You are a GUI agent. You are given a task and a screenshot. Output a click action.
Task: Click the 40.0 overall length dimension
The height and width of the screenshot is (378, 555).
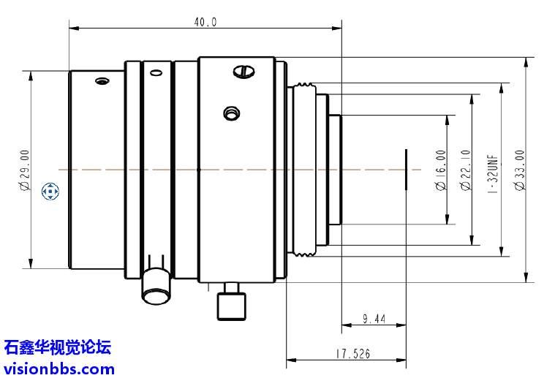point(205,22)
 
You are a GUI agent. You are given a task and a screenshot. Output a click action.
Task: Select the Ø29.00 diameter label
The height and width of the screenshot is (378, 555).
point(25,170)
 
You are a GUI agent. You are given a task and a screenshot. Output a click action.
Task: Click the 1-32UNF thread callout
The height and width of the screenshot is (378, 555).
point(493,170)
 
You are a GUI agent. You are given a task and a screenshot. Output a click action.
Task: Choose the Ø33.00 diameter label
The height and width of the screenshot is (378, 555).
point(519,170)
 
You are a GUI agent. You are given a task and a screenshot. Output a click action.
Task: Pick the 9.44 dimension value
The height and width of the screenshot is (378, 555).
point(374,319)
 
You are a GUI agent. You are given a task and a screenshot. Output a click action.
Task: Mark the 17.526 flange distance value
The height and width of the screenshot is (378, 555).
point(353,354)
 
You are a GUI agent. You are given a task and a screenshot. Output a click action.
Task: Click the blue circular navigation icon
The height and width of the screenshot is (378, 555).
point(50,192)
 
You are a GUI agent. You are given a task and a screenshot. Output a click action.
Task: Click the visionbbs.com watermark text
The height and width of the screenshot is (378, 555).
point(58,368)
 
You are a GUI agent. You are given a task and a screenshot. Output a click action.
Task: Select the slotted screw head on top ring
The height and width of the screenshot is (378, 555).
point(243,71)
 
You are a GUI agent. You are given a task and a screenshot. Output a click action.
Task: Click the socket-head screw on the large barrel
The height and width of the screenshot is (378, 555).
point(231,113)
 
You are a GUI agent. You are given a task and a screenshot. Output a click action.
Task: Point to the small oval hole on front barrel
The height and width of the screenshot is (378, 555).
point(101,80)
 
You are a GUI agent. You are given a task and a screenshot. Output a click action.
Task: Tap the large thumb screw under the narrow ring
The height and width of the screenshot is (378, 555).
point(156,286)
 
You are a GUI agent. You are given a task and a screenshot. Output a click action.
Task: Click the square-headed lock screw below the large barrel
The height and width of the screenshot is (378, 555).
point(232,304)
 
